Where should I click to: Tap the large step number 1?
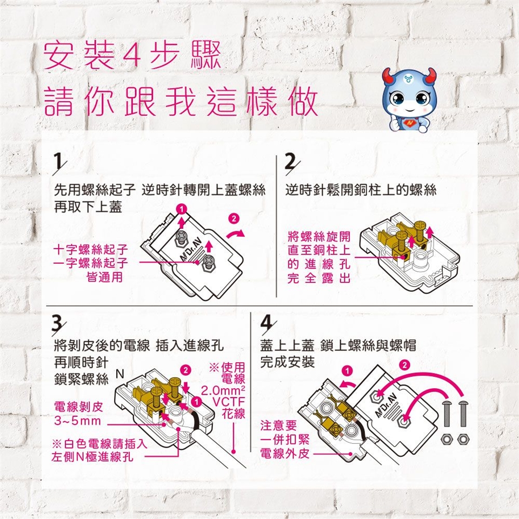(58, 161)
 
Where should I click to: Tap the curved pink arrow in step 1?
(235, 234)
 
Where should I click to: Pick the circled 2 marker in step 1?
(234, 219)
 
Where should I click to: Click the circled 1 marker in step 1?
(181, 209)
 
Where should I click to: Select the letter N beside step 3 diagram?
(120, 374)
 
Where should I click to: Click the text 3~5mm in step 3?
(77, 421)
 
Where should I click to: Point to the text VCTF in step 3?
(228, 402)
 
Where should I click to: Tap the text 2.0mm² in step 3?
(222, 390)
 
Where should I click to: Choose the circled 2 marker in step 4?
(404, 365)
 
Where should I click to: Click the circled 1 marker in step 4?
(347, 371)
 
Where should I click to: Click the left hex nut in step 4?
(447, 439)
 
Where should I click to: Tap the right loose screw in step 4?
(462, 414)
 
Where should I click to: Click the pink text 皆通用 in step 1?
(104, 277)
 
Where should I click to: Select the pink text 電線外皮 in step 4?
(285, 454)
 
